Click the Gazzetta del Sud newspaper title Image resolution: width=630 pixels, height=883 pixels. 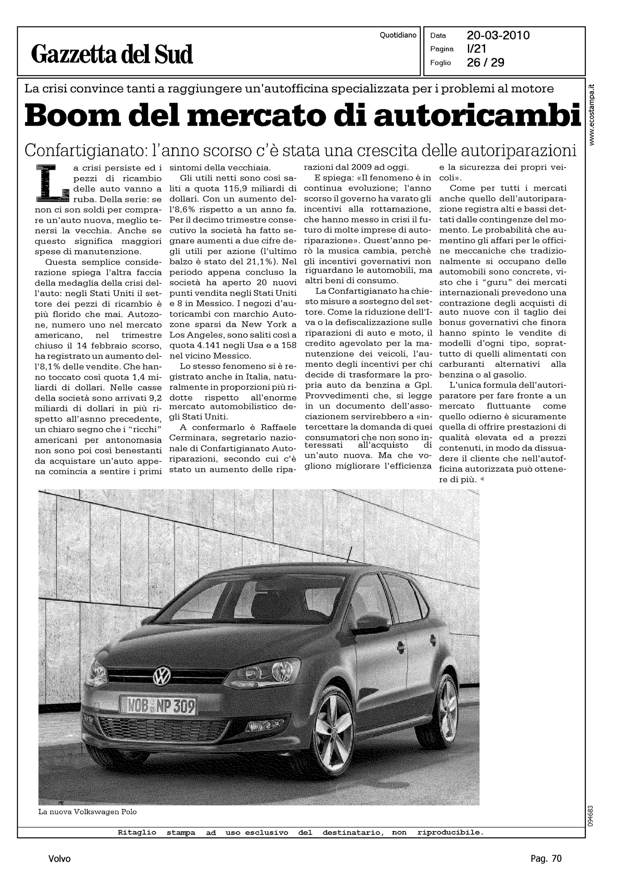pyautogui.click(x=112, y=54)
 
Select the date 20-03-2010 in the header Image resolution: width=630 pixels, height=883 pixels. pyautogui.click(x=498, y=36)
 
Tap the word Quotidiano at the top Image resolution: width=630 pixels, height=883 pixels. pyautogui.click(x=398, y=35)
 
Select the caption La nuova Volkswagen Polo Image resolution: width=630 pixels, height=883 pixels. pyautogui.click(x=87, y=812)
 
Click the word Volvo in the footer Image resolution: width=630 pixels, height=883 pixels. pyautogui.click(x=60, y=859)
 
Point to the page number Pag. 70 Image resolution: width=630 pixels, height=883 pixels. pyautogui.click(x=546, y=859)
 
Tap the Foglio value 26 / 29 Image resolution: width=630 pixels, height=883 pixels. pyautogui.click(x=485, y=63)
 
